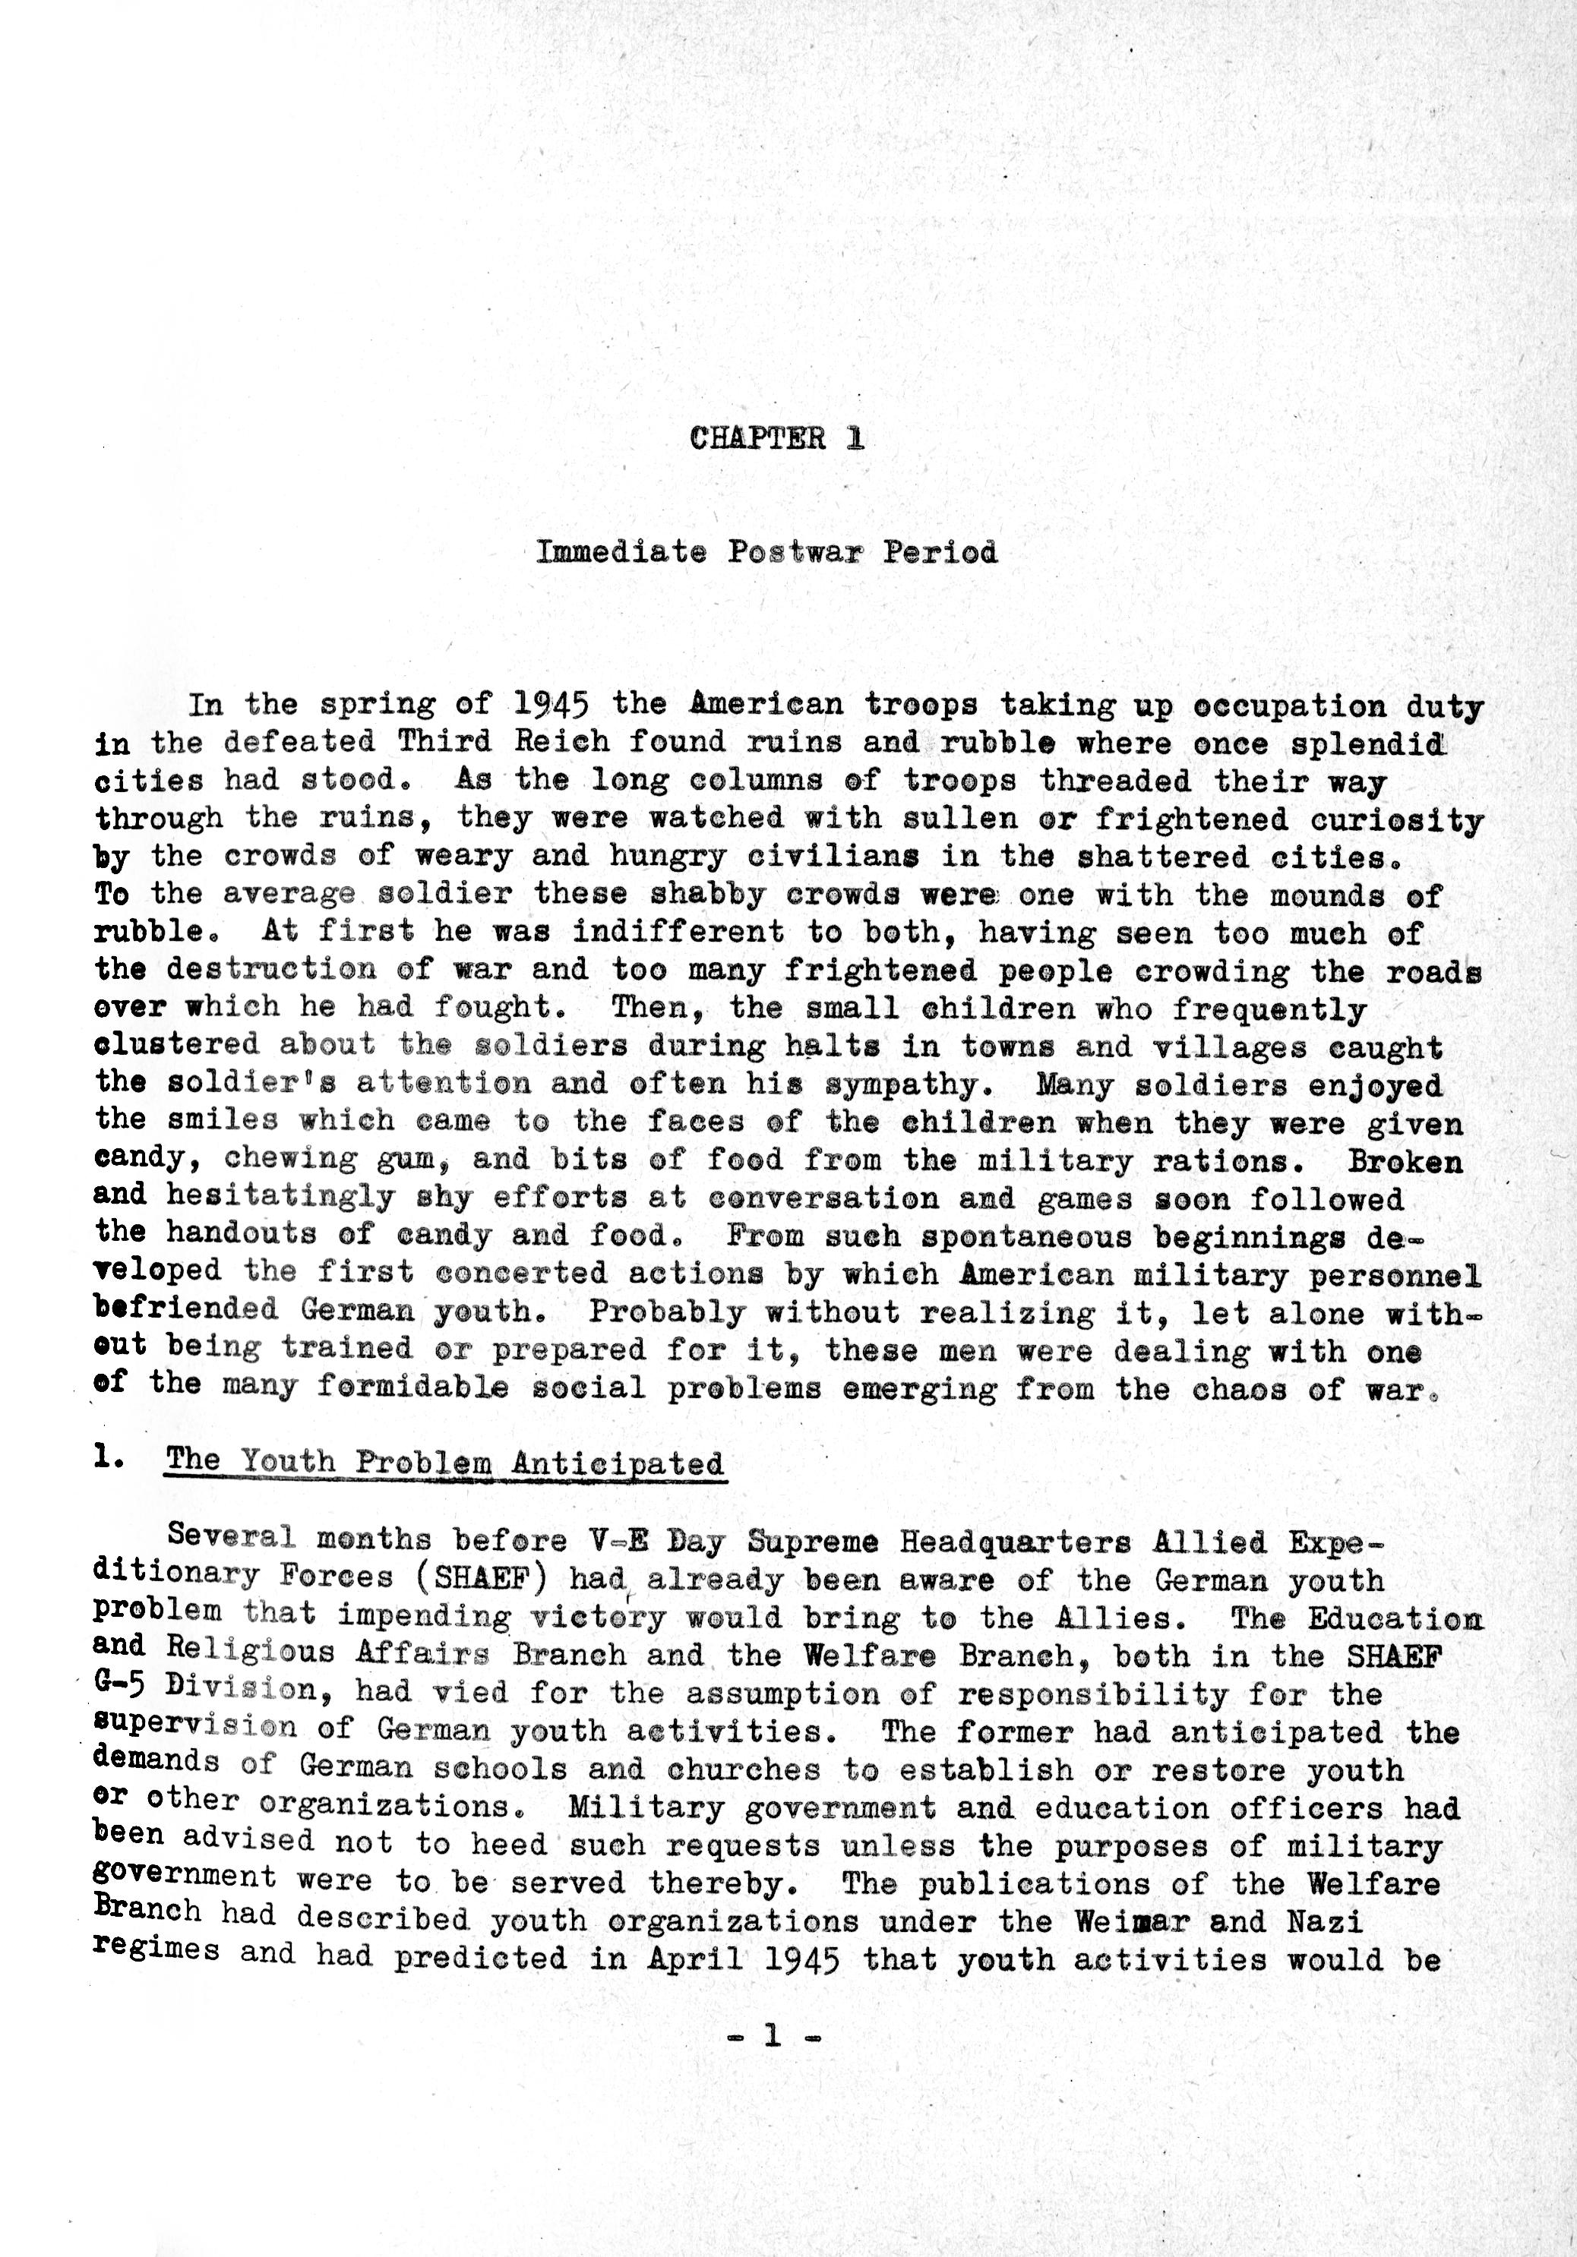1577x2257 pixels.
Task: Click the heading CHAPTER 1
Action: pos(776,437)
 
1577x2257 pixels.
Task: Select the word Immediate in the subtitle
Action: pos(621,551)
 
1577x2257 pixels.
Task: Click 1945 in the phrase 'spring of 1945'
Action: pos(551,705)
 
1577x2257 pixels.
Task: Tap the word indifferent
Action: pos(678,932)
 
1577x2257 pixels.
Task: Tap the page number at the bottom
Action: pos(772,2038)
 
